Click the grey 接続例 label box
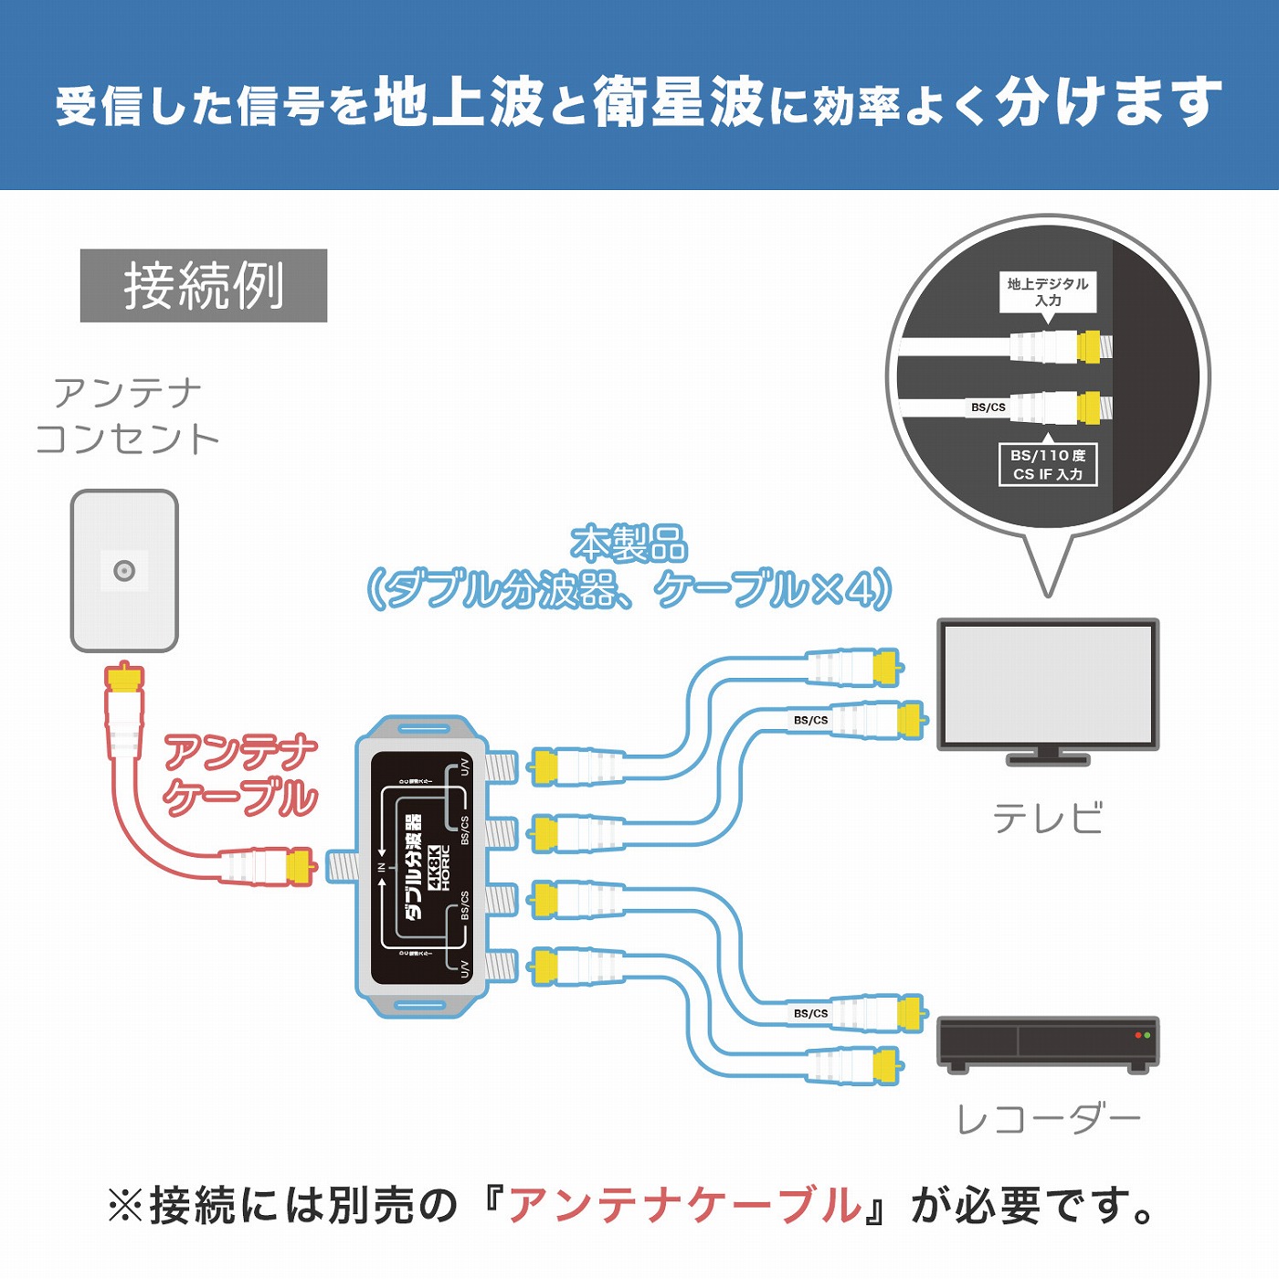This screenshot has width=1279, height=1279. click(204, 285)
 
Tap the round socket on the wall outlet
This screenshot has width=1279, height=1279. click(124, 571)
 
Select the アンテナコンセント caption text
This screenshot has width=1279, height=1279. click(128, 416)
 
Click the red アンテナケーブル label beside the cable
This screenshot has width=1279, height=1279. click(240, 775)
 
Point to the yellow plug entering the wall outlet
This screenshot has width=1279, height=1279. click(124, 678)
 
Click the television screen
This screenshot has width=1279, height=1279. click(1048, 683)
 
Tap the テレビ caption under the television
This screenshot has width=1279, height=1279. click(1048, 818)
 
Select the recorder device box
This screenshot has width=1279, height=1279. click(1048, 1041)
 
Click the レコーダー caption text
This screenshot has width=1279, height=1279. click(1048, 1119)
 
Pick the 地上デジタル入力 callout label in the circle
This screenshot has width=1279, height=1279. click(1048, 292)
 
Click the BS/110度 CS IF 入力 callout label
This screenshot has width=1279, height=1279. click(1048, 464)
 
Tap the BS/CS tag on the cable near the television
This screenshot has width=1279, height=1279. click(810, 720)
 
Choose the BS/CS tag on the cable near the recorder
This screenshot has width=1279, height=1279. click(810, 1013)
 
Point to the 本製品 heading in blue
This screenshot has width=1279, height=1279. click(629, 544)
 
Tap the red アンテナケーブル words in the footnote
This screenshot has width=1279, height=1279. click(685, 1206)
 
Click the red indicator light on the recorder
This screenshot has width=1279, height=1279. click(1137, 1035)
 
